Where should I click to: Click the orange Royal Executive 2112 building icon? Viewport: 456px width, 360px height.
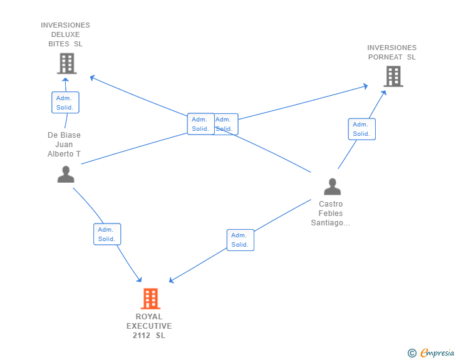(x=150, y=299)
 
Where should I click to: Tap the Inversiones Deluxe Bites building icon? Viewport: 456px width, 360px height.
(x=66, y=63)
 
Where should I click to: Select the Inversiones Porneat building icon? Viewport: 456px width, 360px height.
(x=393, y=76)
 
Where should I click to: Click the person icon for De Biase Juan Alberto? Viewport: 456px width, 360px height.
(x=66, y=174)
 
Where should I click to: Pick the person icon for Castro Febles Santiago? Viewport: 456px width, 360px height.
(x=332, y=187)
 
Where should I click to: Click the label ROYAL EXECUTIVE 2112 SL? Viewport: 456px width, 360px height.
(x=149, y=326)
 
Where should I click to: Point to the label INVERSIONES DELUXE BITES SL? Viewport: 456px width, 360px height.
(x=66, y=34)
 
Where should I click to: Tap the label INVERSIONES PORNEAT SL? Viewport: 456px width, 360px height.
(x=391, y=53)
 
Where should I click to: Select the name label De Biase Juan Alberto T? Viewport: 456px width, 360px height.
(x=65, y=145)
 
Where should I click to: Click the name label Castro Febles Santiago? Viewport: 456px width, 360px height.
(x=331, y=213)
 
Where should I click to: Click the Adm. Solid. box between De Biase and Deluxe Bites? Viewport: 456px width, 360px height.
(x=65, y=103)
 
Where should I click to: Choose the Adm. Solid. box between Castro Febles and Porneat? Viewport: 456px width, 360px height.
(x=361, y=129)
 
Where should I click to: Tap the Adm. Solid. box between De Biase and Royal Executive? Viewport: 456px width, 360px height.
(x=107, y=234)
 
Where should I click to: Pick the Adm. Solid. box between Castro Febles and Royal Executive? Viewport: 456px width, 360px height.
(x=240, y=240)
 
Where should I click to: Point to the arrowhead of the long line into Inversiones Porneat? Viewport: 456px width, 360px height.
(x=365, y=86)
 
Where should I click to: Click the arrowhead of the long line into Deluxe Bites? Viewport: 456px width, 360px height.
(x=92, y=78)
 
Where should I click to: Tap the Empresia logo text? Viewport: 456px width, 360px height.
(x=437, y=352)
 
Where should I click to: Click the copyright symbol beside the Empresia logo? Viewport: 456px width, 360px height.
(x=412, y=353)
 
